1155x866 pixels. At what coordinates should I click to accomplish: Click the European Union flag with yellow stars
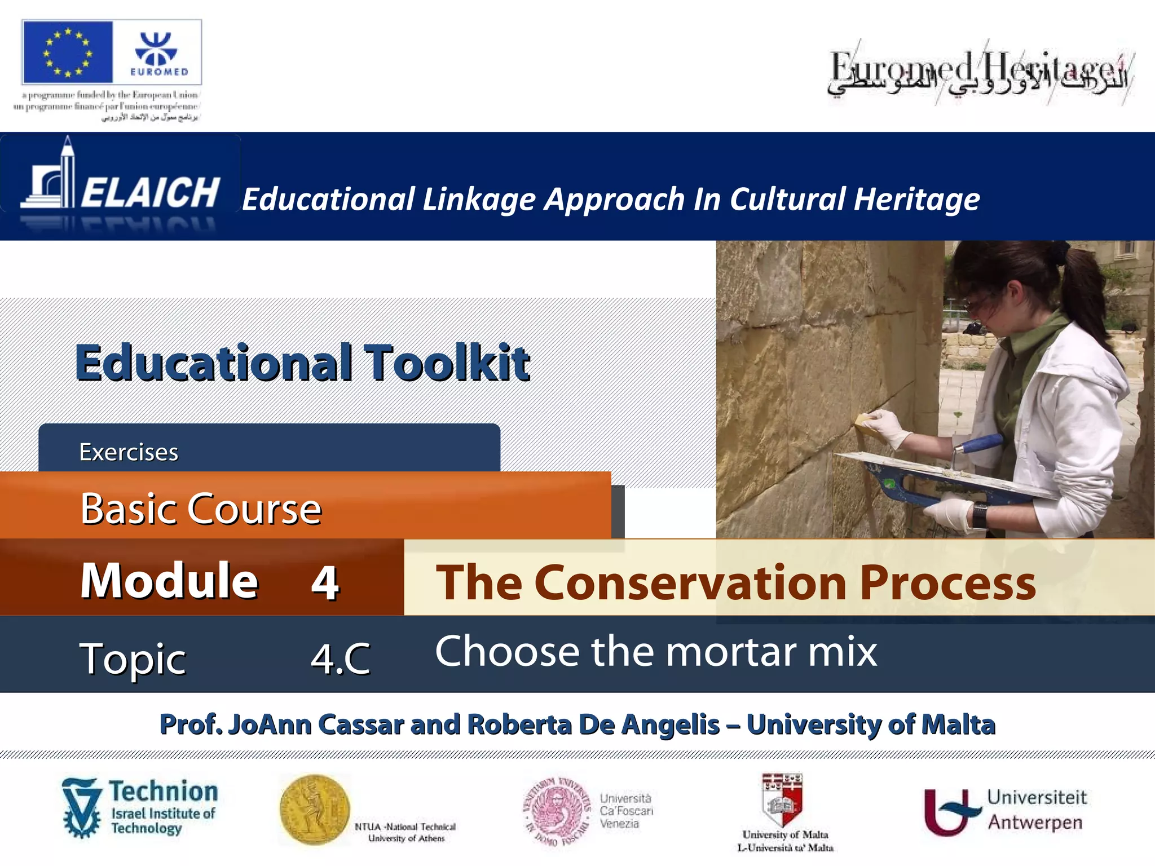67,52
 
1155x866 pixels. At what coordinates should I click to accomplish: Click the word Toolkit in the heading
446,363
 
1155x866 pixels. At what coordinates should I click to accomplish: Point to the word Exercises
129,452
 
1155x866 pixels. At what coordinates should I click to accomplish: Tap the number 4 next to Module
325,582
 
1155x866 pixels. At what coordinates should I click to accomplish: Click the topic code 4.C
341,658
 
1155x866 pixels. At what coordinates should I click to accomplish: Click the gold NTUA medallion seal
314,809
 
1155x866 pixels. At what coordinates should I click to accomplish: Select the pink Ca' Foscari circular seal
557,810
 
